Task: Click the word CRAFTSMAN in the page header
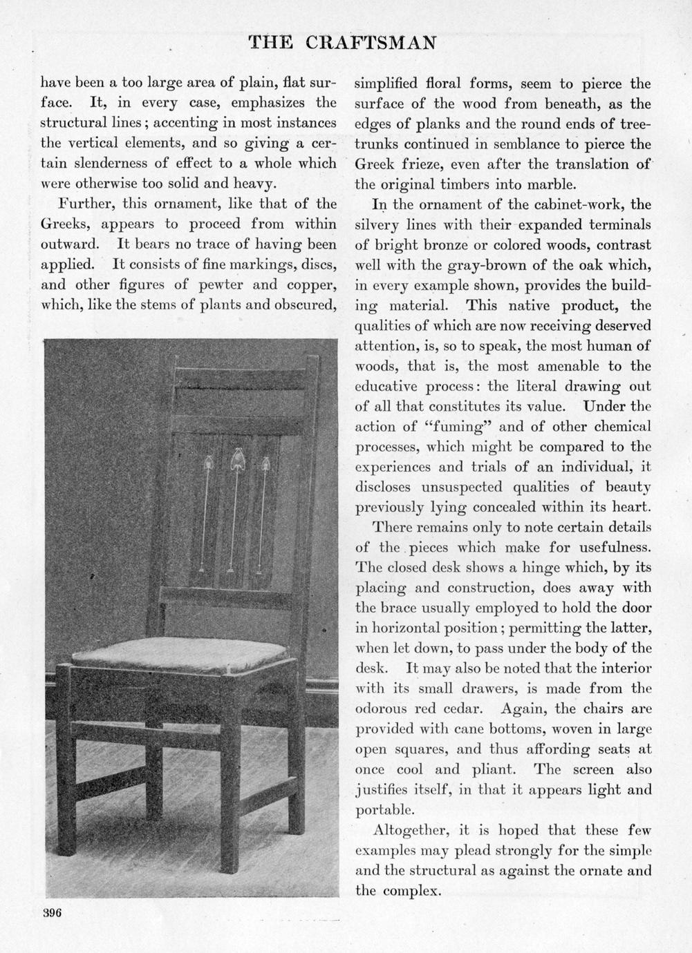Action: point(371,43)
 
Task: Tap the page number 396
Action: point(53,912)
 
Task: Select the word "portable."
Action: point(385,810)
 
